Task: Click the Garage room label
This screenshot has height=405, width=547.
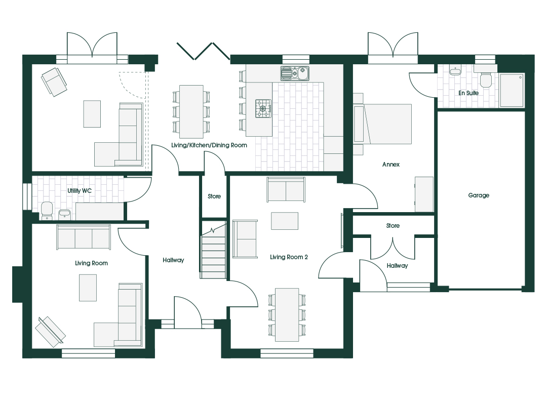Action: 479,195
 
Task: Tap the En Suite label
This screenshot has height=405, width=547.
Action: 468,93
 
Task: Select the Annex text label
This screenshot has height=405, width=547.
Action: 390,165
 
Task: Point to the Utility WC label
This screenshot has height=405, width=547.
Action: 80,191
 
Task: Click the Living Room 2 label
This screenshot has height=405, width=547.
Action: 289,258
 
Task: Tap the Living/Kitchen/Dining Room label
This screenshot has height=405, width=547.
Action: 209,145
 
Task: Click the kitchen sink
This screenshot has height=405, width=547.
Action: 295,73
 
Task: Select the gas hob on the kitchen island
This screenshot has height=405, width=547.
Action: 263,108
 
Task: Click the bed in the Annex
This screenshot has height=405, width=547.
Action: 382,124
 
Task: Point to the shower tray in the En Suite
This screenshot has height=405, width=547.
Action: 512,90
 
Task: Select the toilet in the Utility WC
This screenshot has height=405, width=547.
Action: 47,211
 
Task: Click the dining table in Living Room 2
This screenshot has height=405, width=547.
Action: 287,315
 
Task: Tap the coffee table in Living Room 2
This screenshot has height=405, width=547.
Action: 285,221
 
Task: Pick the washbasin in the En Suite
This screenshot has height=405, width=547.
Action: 455,71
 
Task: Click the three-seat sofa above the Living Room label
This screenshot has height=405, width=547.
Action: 84,237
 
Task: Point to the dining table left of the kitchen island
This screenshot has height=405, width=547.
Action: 191,111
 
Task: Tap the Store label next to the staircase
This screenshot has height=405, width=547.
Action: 214,196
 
